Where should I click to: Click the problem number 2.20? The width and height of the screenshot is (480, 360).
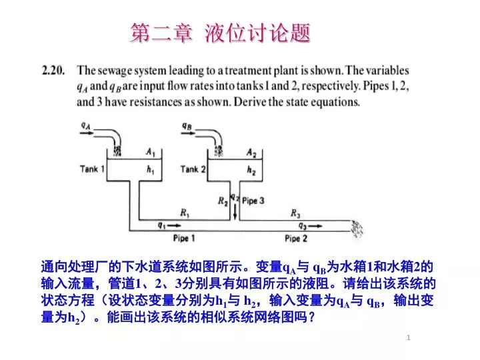tap(53, 71)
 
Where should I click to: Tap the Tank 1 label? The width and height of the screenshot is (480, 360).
tap(92, 169)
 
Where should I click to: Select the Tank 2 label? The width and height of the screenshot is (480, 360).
tap(193, 169)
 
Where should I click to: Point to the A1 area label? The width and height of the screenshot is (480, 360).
tap(151, 152)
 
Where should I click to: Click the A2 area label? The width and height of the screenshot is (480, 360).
tap(251, 153)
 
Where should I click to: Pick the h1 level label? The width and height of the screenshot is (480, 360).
tap(150, 169)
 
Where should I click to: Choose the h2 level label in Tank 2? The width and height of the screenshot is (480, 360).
tap(251, 170)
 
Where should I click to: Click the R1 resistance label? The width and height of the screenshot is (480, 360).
tap(185, 213)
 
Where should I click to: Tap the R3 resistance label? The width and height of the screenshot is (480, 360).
tap(295, 213)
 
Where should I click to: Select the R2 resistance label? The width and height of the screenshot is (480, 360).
tap(223, 201)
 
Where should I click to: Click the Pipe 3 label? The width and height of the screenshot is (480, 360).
tap(253, 201)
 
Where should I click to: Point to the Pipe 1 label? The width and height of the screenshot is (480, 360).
tap(184, 238)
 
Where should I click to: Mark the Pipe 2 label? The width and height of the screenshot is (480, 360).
tap(296, 238)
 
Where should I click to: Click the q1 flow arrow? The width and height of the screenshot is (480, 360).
tap(174, 226)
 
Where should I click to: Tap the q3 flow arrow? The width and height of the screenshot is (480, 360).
tap(315, 226)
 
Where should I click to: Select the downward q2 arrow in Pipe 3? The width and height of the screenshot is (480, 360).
tap(235, 211)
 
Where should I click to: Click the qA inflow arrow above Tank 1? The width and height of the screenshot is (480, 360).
tap(87, 133)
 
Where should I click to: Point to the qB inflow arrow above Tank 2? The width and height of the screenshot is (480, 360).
tap(188, 133)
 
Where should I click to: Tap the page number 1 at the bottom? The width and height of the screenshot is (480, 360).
tap(409, 337)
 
